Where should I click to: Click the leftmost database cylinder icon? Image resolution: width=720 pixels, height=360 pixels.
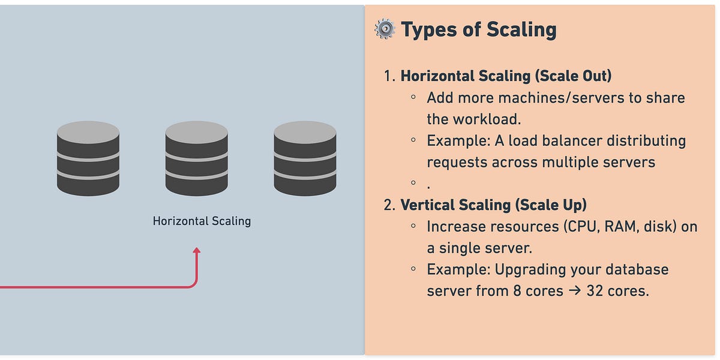pos(88,158)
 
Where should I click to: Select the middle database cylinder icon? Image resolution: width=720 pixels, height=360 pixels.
pos(197,158)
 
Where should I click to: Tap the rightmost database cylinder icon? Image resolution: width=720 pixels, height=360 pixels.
pos(305,158)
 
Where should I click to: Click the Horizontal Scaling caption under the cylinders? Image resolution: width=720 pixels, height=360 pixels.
pos(202,221)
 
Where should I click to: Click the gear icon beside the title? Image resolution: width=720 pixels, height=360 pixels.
pos(385,29)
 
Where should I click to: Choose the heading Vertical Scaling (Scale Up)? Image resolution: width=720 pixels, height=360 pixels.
pos(493,205)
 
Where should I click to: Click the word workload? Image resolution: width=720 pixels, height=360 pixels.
pos(487,119)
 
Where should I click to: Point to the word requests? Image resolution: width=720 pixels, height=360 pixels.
pos(457,162)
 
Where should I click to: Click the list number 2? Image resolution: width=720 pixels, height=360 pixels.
pos(389,205)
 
